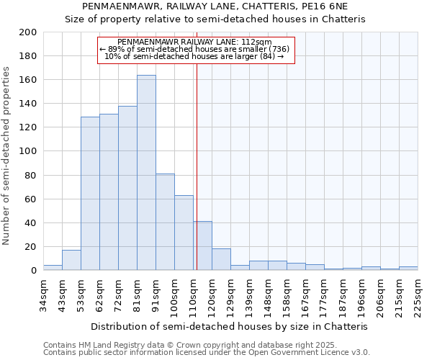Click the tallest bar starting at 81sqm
(146, 173)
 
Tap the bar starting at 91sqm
(165, 222)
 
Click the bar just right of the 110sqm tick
(202, 246)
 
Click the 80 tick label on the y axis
(30, 175)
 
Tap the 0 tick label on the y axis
(33, 271)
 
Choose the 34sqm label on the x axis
(43, 294)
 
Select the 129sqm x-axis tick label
(230, 294)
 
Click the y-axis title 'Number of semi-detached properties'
(7, 156)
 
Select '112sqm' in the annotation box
(255, 42)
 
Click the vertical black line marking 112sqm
(197, 166)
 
